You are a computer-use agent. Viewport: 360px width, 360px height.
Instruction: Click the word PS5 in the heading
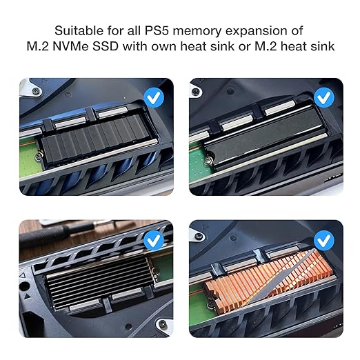[x=157, y=30]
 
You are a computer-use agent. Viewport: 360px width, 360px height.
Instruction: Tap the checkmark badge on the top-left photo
[x=154, y=97]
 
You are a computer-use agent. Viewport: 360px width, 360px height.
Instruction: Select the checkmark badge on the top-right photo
[x=324, y=97]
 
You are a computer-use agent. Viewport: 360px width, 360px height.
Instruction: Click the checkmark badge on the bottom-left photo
[x=154, y=241]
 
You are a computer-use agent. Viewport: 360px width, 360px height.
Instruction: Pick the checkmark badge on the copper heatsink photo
[x=324, y=241]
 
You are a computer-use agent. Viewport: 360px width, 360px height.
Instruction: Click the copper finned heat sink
[x=269, y=278]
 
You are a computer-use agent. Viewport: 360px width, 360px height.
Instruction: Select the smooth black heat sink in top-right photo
[x=264, y=136]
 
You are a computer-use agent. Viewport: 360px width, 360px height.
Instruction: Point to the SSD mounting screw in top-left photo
[x=39, y=157]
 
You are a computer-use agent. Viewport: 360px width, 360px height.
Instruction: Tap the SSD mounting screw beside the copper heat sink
[x=210, y=306]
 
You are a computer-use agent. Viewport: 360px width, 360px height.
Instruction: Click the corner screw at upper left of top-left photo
[x=35, y=91]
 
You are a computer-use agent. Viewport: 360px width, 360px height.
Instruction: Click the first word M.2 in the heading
[x=37, y=46]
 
